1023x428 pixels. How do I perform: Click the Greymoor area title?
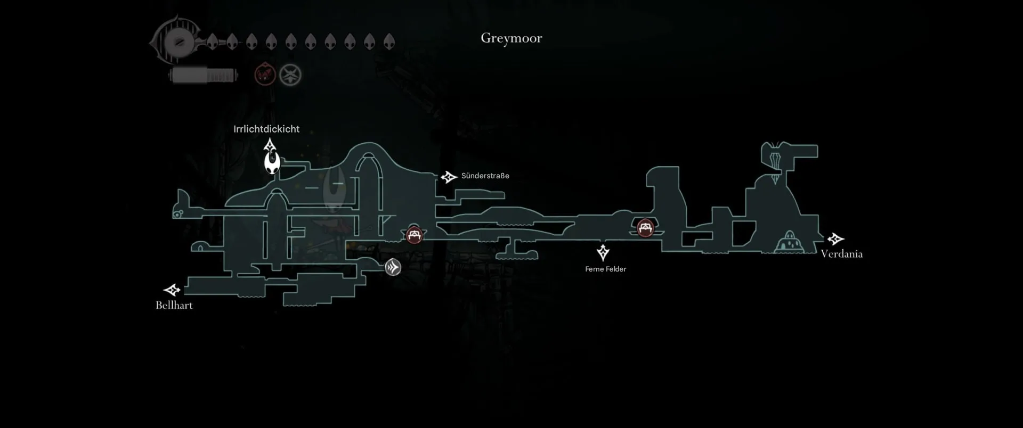pyautogui.click(x=511, y=38)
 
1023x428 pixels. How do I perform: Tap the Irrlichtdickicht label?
pyautogui.click(x=266, y=129)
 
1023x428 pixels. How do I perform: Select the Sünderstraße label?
pyautogui.click(x=485, y=176)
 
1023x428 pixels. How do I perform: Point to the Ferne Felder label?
pyautogui.click(x=605, y=269)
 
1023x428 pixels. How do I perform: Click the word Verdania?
pyautogui.click(x=841, y=254)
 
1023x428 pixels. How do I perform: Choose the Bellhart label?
pyautogui.click(x=174, y=305)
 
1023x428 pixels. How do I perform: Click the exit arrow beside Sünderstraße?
pyautogui.click(x=449, y=177)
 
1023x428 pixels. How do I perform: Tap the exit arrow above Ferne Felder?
pyautogui.click(x=603, y=252)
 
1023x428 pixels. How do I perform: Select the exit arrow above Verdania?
pyautogui.click(x=835, y=239)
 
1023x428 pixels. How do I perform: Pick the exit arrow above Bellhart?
pyautogui.click(x=172, y=290)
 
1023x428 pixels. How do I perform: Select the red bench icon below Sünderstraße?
pyautogui.click(x=415, y=234)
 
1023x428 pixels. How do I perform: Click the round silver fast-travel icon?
pyautogui.click(x=393, y=267)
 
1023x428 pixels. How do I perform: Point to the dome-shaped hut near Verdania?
pyautogui.click(x=789, y=242)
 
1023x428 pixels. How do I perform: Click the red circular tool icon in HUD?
pyautogui.click(x=265, y=75)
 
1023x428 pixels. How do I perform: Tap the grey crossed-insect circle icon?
pyautogui.click(x=290, y=75)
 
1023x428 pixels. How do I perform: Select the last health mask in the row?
pyautogui.click(x=389, y=42)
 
